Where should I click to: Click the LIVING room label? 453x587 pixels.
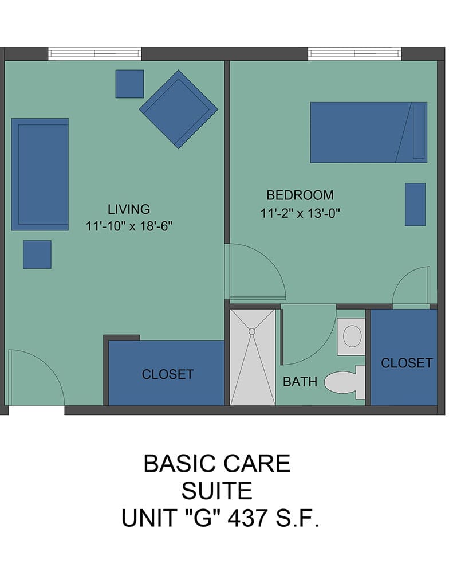(x=129, y=209)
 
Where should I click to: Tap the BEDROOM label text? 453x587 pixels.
(x=300, y=195)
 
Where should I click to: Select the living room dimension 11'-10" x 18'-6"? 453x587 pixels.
(x=129, y=226)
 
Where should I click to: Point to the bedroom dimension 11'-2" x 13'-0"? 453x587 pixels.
(x=300, y=213)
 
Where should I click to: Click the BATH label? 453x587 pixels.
(x=300, y=381)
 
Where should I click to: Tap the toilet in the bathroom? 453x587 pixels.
(x=345, y=382)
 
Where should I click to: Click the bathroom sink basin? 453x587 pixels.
(x=352, y=336)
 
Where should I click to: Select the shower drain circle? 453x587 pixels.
(x=252, y=331)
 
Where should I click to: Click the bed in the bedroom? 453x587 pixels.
(x=368, y=132)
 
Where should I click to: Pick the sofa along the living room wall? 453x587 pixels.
(x=40, y=174)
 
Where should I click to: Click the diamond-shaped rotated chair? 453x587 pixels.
(x=179, y=109)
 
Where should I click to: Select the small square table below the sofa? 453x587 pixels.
(x=37, y=255)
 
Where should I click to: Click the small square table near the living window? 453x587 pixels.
(x=129, y=84)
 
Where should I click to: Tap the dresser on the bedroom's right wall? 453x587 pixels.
(x=415, y=205)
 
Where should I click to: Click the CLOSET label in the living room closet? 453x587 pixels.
(x=168, y=374)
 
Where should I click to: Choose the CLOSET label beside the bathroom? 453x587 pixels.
(x=407, y=363)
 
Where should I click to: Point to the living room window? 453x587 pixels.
(x=94, y=53)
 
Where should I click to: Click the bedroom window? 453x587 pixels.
(x=354, y=53)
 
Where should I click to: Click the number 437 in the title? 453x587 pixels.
(x=247, y=518)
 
